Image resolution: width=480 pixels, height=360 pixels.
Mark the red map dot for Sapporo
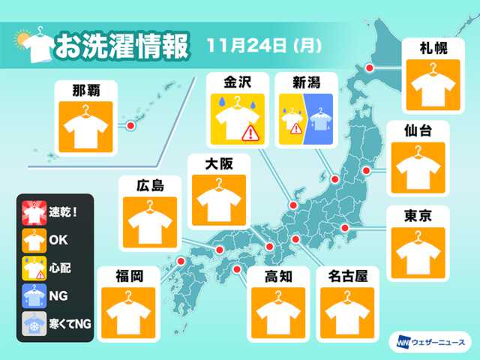click(369, 69)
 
